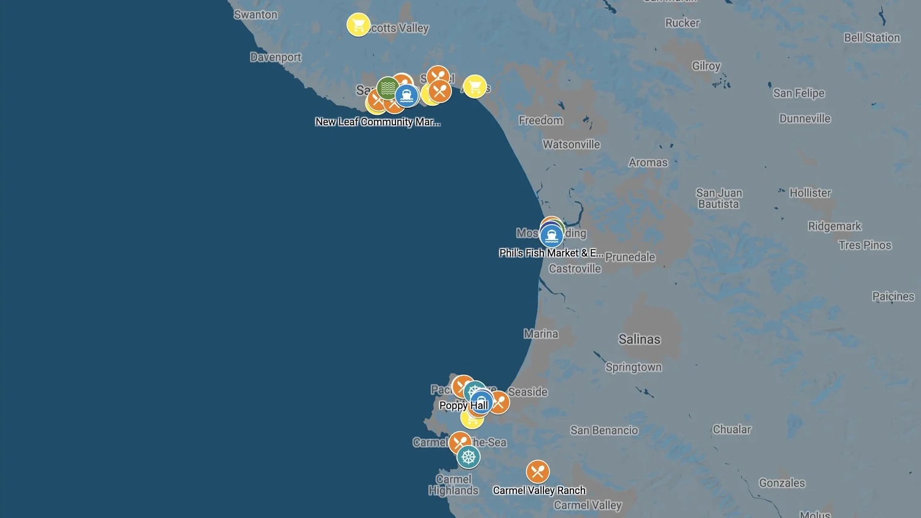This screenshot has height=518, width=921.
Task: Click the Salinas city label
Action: pos(639,339)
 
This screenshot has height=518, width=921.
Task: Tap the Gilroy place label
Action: pos(706,66)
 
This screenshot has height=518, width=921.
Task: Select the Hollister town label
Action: pos(810,193)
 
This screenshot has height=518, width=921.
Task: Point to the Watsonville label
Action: pos(571,144)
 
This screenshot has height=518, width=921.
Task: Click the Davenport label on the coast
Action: pos(276,57)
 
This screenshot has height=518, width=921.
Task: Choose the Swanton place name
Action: pos(255,15)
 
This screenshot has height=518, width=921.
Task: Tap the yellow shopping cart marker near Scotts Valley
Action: pos(358,25)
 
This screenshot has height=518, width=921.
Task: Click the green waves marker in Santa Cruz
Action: pos(387,88)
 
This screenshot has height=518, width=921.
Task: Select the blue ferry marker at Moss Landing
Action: pos(551,236)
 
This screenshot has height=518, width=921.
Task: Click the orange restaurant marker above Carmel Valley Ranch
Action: pos(537,471)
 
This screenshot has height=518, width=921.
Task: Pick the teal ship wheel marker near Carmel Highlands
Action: pos(468,457)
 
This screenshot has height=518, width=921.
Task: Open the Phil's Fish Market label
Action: pos(551,253)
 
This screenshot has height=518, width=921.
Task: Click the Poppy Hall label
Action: pos(464,405)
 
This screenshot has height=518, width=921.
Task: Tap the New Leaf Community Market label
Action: pos(378,122)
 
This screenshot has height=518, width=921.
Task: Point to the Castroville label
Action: pos(575,268)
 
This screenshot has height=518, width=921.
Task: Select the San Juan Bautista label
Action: pos(719,198)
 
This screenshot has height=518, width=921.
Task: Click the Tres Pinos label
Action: pos(865,245)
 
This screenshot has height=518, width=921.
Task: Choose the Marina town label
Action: pos(541,334)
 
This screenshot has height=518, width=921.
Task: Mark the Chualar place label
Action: pos(731,430)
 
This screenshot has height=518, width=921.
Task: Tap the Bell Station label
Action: pos(872,37)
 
